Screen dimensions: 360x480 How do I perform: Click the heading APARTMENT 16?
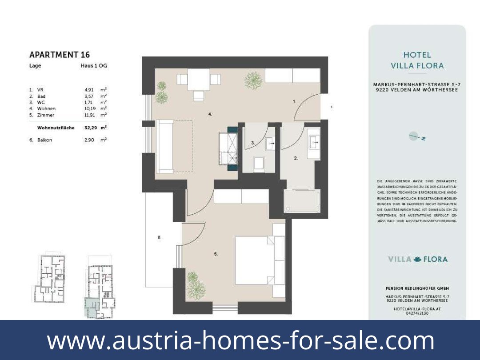pos(60,55)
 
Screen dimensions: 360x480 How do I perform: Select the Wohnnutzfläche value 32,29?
pos(90,128)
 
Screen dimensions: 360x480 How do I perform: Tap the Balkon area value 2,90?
pos(89,140)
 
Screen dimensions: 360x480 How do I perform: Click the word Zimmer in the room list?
pos(46,115)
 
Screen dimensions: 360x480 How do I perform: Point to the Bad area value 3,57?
pos(89,96)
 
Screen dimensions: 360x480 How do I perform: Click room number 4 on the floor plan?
pos(210,114)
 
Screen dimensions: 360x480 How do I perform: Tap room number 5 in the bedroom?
pos(216,254)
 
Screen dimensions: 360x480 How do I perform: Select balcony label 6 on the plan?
pos(159,238)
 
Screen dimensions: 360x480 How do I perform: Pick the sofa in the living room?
pos(165,147)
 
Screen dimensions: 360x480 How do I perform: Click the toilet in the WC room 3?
pos(259,164)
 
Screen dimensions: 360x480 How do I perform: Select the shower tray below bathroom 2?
pos(302,201)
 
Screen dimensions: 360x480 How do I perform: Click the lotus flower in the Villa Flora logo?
pos(417,259)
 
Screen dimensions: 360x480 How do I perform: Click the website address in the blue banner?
pos(240,340)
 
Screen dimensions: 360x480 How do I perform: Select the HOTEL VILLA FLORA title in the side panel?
pos(417,60)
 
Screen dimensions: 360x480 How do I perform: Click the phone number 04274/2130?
pos(417,313)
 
